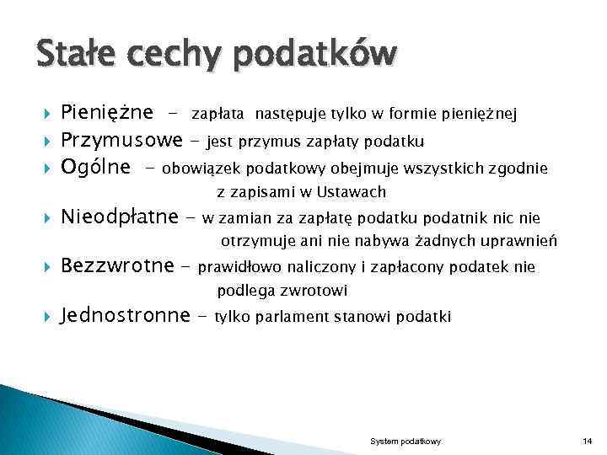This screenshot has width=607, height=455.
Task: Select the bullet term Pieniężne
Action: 107,113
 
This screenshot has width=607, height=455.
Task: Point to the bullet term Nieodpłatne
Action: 121,218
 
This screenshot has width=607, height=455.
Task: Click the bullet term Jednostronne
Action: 126,317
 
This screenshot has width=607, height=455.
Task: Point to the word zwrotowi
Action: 317,292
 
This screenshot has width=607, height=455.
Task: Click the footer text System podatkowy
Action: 406,442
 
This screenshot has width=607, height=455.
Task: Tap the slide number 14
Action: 587,442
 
